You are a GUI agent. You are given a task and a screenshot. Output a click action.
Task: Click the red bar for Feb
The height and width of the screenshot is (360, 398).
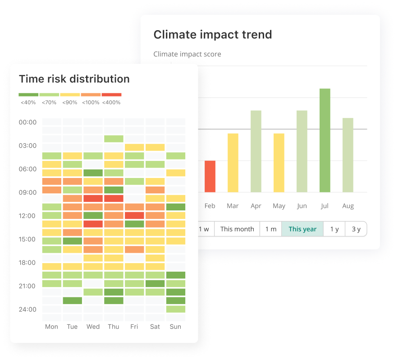pos(210,176)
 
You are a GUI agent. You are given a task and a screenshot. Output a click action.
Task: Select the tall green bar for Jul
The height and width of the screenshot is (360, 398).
pos(325,140)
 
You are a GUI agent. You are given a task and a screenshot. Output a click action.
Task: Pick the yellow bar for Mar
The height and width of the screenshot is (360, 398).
pos(233,163)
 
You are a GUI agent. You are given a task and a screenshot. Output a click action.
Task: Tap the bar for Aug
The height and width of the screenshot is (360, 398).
pos(348,155)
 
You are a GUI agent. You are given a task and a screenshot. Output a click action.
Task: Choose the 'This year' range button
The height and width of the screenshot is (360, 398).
pos(302,229)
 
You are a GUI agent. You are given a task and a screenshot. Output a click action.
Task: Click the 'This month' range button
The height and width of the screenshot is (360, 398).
pos(237,229)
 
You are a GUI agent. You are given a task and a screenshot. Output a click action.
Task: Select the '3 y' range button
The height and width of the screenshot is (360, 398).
pos(356,229)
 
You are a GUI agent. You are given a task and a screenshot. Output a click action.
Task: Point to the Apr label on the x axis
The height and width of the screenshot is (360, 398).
pos(256,206)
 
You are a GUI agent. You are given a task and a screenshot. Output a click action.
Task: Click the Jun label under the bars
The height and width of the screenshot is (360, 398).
pos(302,206)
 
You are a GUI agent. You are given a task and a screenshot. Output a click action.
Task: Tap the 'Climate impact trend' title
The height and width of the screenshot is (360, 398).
pos(213,35)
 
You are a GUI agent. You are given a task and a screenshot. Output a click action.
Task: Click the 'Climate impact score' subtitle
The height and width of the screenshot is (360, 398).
pos(187,54)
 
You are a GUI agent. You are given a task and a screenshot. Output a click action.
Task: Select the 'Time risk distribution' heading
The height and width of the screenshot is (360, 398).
pos(74,79)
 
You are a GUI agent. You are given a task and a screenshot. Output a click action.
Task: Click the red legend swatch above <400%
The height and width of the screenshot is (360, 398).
pos(111,95)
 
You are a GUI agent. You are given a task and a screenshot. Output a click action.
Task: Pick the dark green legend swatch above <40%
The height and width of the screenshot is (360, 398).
pos(28,95)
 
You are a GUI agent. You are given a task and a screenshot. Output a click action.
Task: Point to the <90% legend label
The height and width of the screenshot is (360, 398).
pos(70,102)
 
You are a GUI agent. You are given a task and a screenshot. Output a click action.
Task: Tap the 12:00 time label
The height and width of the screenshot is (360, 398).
pos(28,216)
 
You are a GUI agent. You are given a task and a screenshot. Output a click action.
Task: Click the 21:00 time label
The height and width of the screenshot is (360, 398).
pos(28,286)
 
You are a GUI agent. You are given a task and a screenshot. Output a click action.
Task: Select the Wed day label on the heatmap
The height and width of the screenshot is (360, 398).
pos(93,327)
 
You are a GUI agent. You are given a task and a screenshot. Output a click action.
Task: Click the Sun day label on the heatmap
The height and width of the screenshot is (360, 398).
pos(176,327)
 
